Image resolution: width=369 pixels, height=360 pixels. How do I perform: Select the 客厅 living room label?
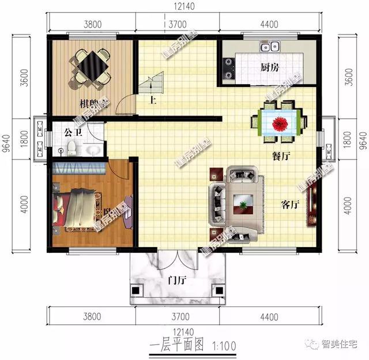290,204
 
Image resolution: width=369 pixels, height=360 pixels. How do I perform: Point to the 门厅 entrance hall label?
176,281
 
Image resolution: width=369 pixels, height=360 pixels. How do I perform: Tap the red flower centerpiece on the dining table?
282,123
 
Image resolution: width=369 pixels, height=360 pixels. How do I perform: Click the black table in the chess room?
90,66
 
